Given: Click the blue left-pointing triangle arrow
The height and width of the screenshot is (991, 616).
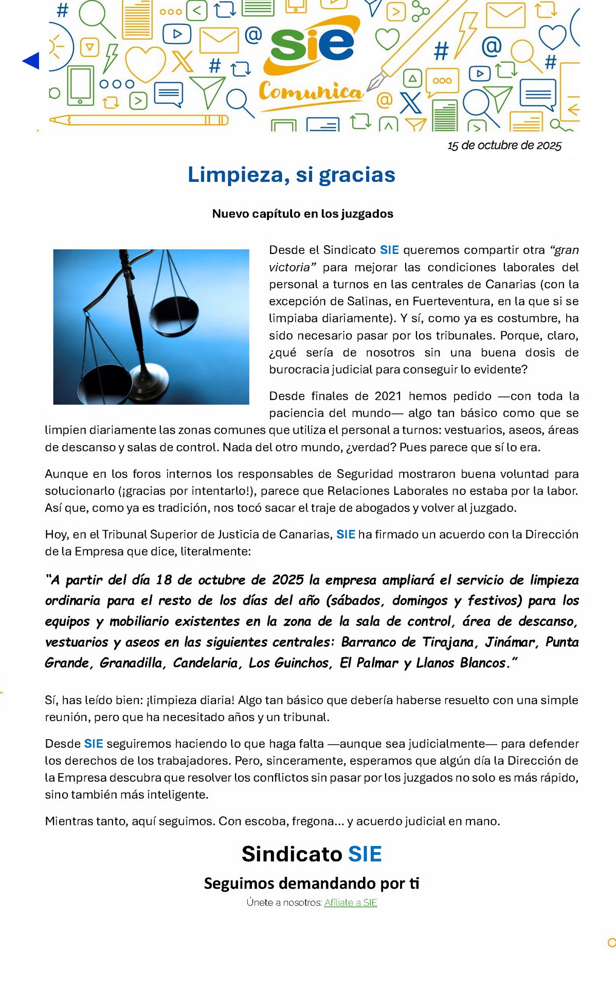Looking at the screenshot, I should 31,61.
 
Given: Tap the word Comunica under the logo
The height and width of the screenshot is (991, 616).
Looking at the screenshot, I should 311,91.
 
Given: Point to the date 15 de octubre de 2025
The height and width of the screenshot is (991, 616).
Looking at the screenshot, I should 504,145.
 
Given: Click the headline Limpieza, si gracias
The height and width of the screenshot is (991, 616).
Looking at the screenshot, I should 291,175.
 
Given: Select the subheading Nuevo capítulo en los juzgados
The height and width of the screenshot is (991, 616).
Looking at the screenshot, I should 302,214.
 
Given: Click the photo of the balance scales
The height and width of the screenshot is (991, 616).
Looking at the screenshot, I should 151,327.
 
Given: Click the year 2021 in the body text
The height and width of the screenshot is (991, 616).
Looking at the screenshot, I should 388,396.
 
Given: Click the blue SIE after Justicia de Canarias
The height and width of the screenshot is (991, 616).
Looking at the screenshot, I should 346,535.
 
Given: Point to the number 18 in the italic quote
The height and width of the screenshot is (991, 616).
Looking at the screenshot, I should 164,580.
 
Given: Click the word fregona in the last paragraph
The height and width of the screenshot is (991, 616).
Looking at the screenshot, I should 313,821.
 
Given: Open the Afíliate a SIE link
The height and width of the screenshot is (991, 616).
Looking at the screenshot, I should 350,903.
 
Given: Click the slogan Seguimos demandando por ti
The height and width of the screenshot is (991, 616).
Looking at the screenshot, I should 312,883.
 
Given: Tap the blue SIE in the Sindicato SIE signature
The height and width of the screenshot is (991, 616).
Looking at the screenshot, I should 365,854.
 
